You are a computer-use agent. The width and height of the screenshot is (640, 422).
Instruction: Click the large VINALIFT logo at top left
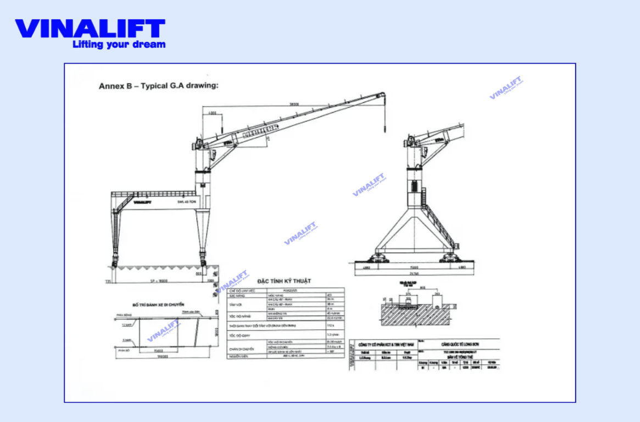(90, 29)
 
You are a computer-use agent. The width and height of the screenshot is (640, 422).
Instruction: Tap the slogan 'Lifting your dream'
(119, 45)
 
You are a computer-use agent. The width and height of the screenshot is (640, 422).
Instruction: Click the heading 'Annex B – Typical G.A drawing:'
(159, 86)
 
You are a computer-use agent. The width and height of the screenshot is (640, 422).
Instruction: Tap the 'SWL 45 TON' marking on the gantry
(187, 202)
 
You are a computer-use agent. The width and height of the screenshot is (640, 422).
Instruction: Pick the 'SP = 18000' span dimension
(159, 280)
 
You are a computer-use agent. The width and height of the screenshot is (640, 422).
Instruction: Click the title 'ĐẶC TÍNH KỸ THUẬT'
(284, 281)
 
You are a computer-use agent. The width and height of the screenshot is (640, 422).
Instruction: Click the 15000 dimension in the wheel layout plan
(159, 350)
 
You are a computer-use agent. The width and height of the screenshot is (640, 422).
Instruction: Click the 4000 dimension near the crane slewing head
(212, 113)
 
